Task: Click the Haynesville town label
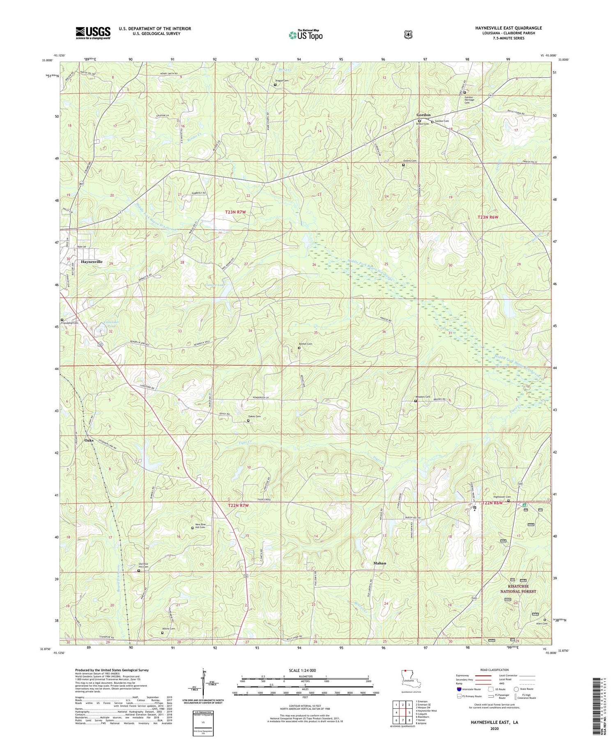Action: coord(92,261)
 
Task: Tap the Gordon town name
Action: coord(423,114)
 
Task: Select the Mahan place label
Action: coord(380,563)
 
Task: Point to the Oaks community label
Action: coord(89,440)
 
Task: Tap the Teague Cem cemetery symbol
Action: coord(275,85)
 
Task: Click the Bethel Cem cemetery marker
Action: coord(299,348)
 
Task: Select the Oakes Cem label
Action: coord(254,417)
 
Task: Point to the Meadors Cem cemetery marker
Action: coord(415,401)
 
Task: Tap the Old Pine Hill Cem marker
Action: coord(138,571)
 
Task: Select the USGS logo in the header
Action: coord(93,33)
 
